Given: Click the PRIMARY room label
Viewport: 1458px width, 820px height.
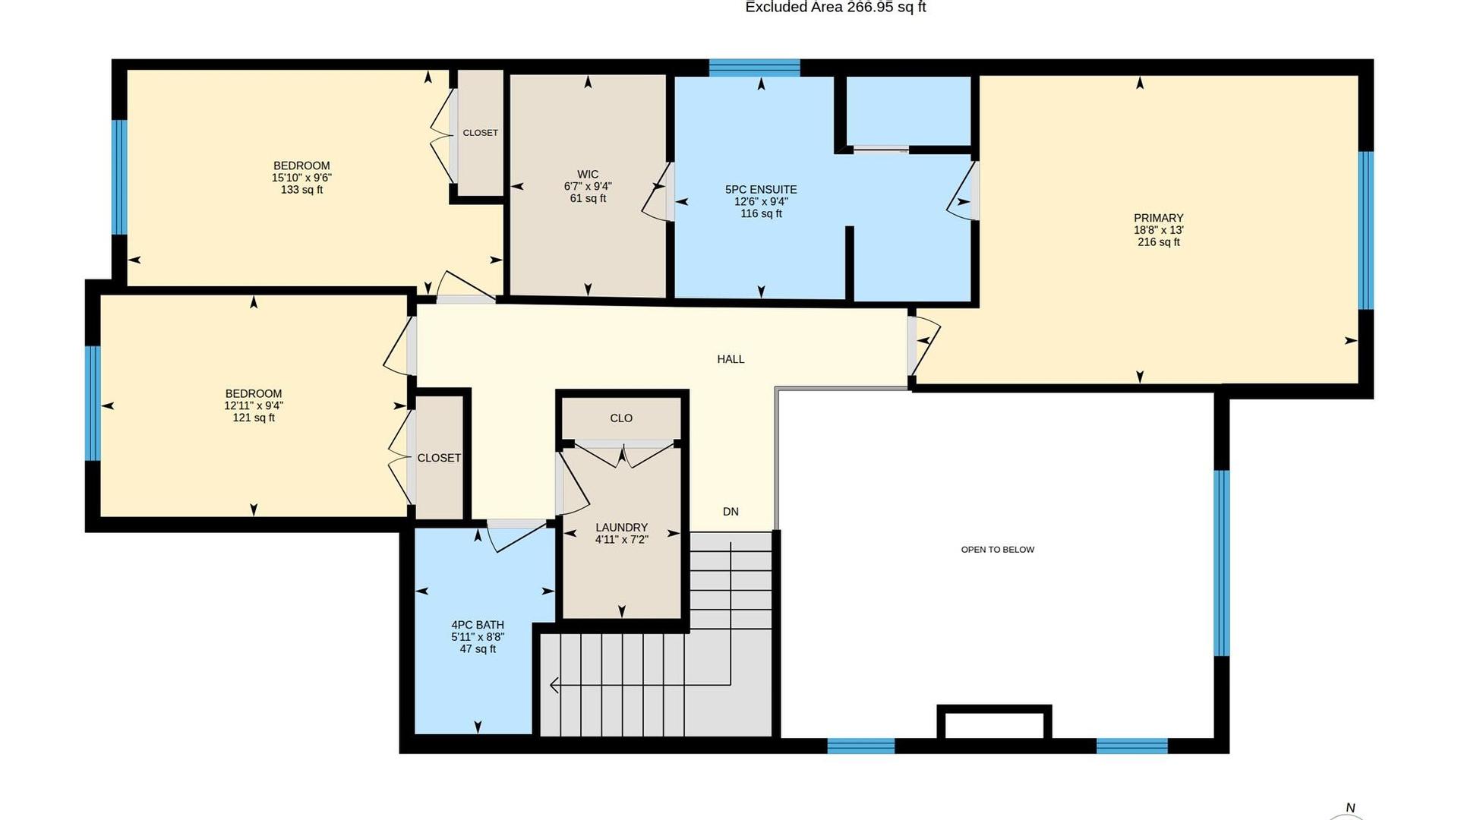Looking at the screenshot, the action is click(x=1158, y=218).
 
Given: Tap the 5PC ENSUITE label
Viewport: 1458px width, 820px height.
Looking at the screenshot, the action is click(x=761, y=190).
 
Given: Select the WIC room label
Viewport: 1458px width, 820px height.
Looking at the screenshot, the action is click(x=588, y=175).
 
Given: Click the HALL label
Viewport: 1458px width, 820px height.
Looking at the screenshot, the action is click(x=731, y=359).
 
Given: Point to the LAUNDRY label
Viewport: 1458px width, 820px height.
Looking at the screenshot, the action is click(x=621, y=528).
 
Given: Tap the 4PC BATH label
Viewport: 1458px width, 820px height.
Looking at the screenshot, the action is click(x=478, y=626).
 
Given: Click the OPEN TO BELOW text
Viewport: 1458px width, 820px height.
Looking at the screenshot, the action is click(x=998, y=550).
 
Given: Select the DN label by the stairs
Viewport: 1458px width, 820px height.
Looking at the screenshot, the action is click(x=731, y=512).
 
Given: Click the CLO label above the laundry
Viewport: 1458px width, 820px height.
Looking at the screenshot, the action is click(x=621, y=418).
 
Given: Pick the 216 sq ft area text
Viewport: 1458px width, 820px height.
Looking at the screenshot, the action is click(x=1158, y=242).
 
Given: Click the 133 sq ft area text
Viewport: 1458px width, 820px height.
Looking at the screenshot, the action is click(x=301, y=190).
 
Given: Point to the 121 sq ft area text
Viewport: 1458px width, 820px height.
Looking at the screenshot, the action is click(x=254, y=418).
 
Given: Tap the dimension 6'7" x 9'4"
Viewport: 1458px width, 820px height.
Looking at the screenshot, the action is click(x=588, y=186).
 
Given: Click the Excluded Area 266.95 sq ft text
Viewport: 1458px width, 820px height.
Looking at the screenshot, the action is click(x=835, y=8).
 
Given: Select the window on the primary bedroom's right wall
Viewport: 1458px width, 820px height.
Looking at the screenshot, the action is click(x=1365, y=230).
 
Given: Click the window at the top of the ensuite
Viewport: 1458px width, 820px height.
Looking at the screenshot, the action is click(x=755, y=68).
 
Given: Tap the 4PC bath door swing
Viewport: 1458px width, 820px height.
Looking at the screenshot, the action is click(x=517, y=536).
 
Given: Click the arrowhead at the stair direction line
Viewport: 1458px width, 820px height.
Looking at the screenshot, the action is click(x=554, y=686).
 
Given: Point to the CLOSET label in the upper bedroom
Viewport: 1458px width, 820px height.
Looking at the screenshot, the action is click(x=481, y=133).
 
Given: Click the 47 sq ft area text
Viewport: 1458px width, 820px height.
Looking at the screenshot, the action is click(x=478, y=649).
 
